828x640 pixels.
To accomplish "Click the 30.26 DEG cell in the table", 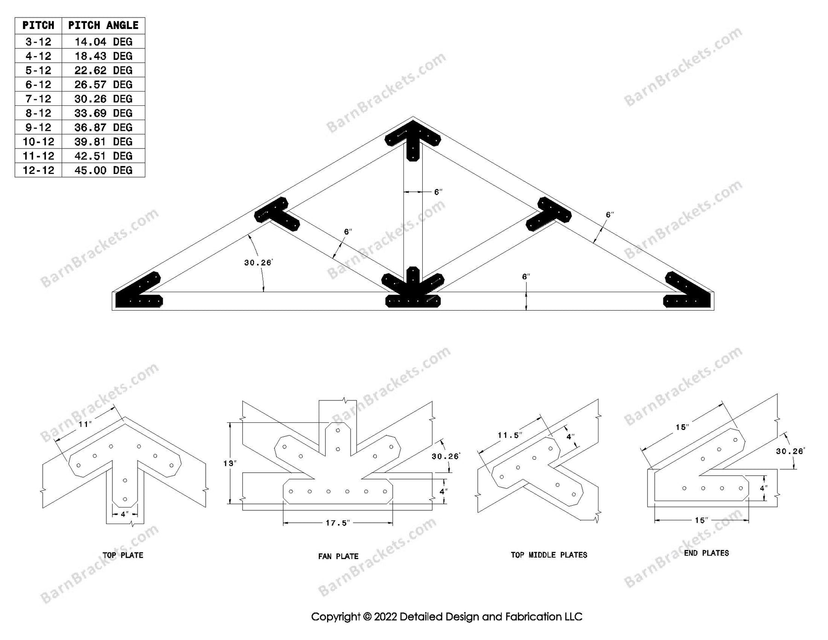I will click(103, 99).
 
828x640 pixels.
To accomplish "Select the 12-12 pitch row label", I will click(38, 170).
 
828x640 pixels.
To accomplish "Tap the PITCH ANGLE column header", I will click(103, 25).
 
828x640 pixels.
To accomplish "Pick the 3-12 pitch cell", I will click(38, 42).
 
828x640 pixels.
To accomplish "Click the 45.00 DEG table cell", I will click(103, 170).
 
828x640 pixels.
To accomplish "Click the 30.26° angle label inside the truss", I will click(258, 263).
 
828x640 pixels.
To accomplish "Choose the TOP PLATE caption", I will click(123, 555).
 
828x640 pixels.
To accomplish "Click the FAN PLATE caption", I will click(338, 556).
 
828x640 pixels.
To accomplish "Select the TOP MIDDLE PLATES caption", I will click(549, 555).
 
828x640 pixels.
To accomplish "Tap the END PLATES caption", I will click(706, 553).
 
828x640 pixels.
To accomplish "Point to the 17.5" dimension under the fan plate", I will click(338, 523).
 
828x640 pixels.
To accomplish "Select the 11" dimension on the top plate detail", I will click(85, 424).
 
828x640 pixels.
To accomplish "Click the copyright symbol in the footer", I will click(367, 617).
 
